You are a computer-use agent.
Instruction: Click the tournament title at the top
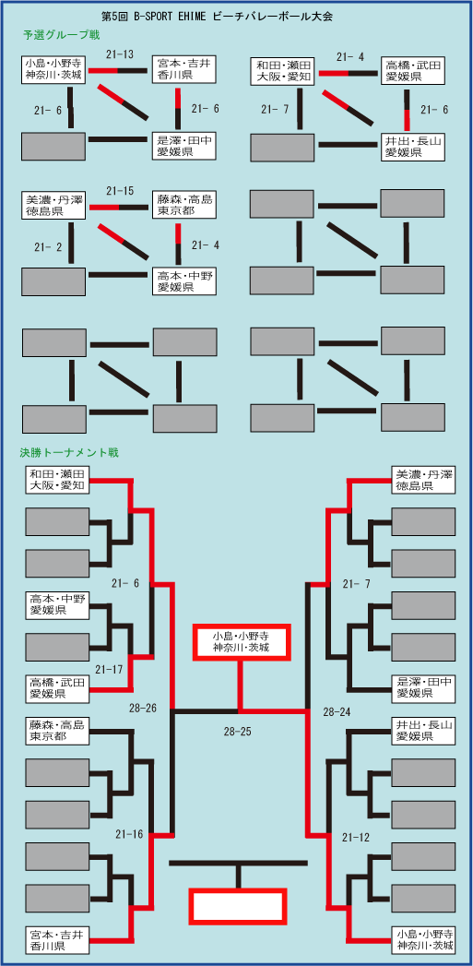[x=216, y=18]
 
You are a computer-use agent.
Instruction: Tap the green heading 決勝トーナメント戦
[x=70, y=453]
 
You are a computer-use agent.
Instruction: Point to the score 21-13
[x=120, y=54]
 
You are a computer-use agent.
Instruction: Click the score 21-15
[x=120, y=190]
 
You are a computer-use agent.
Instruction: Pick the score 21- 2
[x=48, y=247]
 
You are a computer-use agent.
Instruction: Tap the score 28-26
[x=143, y=709]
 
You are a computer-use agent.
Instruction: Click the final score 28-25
[x=238, y=733]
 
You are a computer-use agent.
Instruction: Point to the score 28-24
[x=337, y=712]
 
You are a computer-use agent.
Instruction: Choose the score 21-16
[x=129, y=834]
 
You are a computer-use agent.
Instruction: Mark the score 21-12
[x=357, y=837]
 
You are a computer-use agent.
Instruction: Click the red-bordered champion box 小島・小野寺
[x=241, y=641]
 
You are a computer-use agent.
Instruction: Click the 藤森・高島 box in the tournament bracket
[x=57, y=731]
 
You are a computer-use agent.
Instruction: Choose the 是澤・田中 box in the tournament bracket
[x=424, y=687]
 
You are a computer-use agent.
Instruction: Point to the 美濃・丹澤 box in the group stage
[x=53, y=205]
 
